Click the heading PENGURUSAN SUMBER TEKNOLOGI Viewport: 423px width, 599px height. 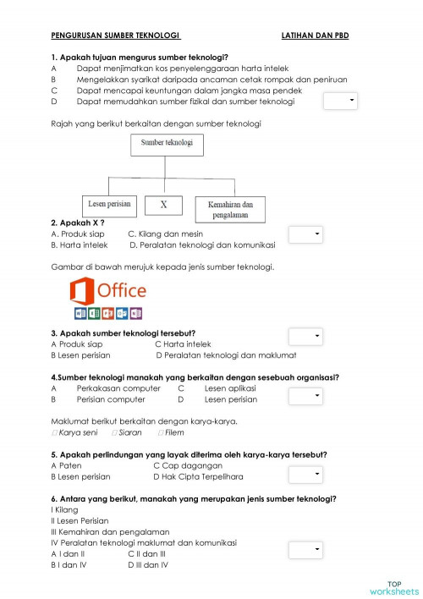(x=116, y=36)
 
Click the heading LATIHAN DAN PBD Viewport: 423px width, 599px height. (x=315, y=36)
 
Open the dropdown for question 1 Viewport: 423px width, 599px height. (x=341, y=102)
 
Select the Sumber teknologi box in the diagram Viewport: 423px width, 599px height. (x=167, y=144)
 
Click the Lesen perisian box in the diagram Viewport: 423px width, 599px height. (x=110, y=205)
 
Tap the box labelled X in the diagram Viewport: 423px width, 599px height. (x=164, y=205)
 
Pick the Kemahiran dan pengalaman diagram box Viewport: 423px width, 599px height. (x=230, y=209)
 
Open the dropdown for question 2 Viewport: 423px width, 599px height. (x=305, y=234)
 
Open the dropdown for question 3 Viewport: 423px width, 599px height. (x=305, y=337)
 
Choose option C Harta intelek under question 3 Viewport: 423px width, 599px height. (x=182, y=344)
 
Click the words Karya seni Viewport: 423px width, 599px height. (x=79, y=432)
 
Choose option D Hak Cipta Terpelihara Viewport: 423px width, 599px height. (x=198, y=476)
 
